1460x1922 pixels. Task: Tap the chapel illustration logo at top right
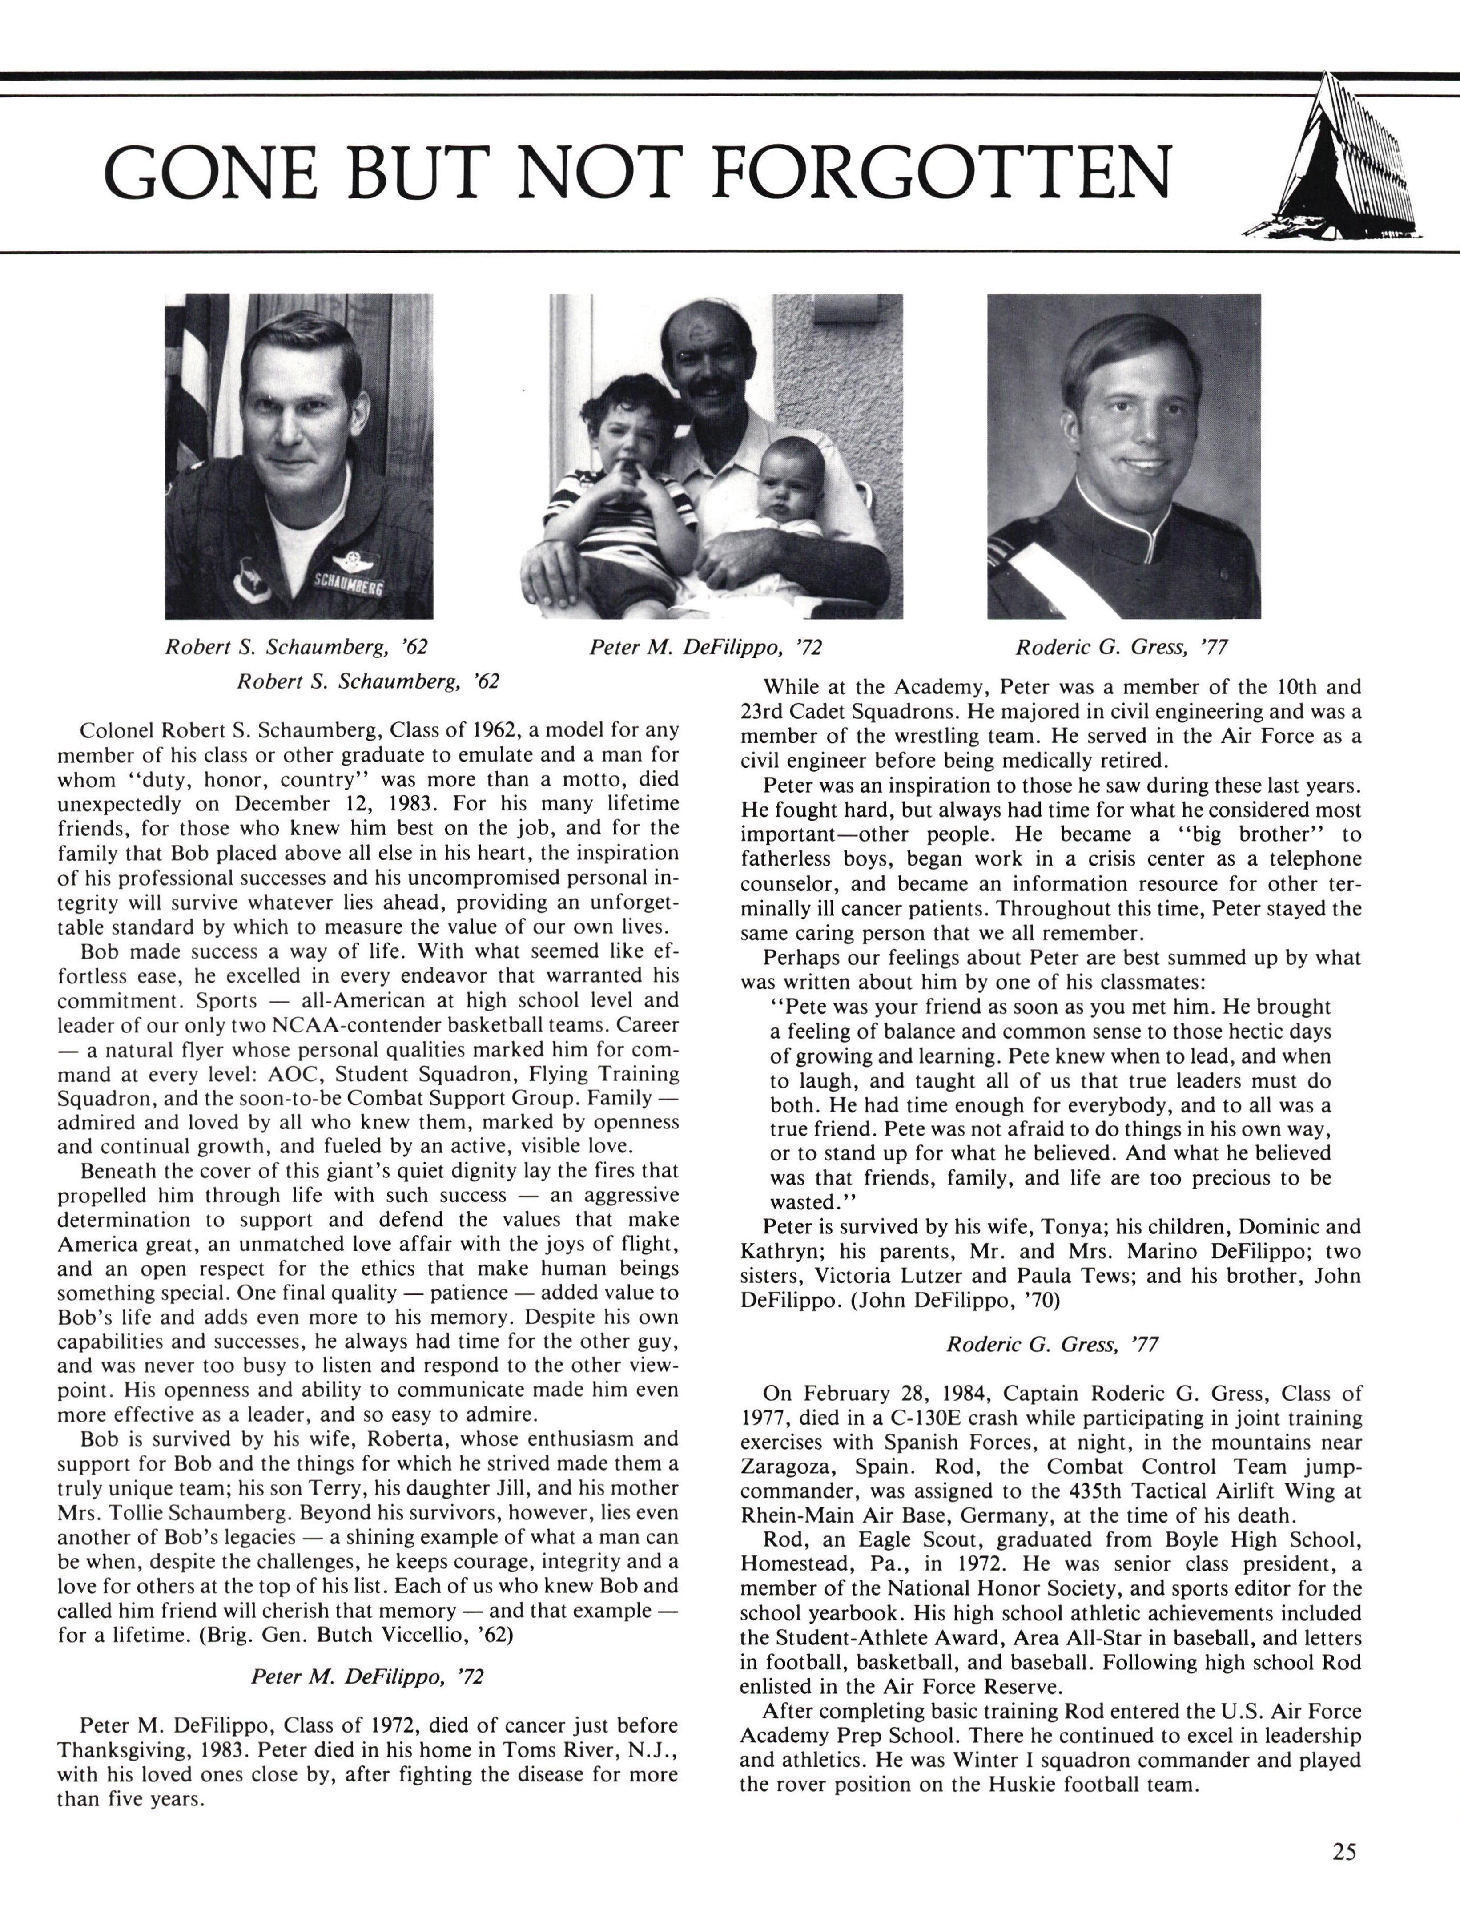tap(1334, 161)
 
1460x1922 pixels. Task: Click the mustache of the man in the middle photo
tap(711, 385)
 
